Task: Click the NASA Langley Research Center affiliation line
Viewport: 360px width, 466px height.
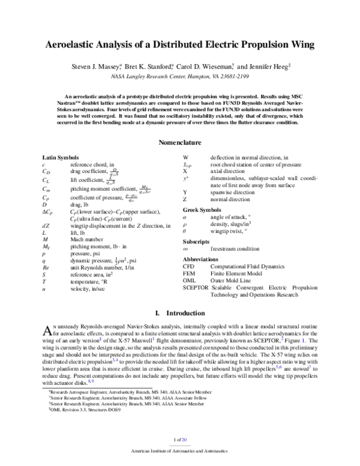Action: [179, 77]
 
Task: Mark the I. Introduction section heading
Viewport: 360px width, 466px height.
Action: [179, 313]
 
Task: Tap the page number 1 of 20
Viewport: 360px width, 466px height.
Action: [179, 440]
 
